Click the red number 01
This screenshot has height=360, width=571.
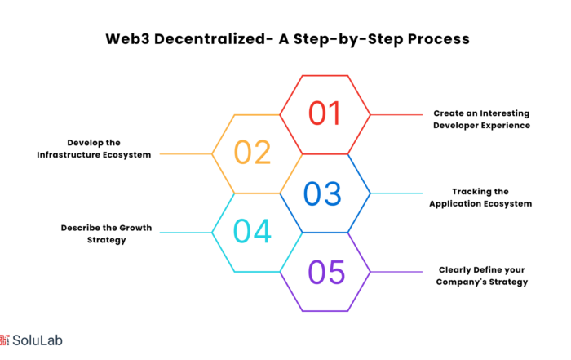pos(325,113)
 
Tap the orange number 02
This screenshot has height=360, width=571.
pos(252,153)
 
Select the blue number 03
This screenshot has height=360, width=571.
pos(322,193)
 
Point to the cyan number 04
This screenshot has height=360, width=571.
pos(252,231)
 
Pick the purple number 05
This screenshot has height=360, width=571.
pos(326,272)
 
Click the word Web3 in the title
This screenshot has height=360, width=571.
pos(127,39)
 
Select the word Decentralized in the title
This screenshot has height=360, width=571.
pos(210,39)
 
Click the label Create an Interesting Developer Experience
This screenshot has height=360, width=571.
pos(481,119)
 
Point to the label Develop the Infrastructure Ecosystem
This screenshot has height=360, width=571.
pos(94,149)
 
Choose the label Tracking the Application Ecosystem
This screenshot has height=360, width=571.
pos(480,198)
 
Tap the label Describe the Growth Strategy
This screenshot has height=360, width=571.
pos(106,233)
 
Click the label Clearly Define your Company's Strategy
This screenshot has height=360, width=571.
pos(482,276)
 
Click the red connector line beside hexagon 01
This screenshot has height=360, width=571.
pos(396,115)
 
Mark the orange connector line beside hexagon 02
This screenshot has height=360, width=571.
pos(186,154)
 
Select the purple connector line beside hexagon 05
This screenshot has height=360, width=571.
pos(396,272)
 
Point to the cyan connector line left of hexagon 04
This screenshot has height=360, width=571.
pos(186,233)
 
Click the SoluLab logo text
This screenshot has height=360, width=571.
pos(38,340)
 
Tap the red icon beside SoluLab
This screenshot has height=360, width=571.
pos(4,340)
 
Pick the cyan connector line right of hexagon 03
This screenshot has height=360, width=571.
pos(396,193)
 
